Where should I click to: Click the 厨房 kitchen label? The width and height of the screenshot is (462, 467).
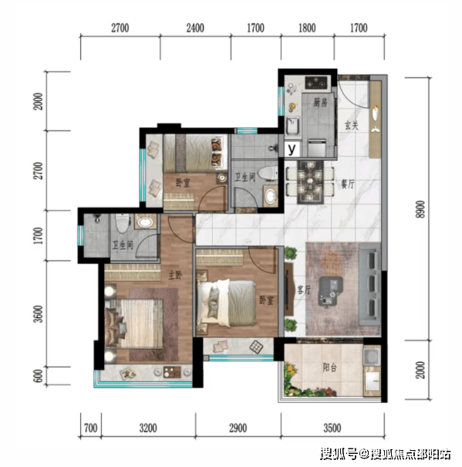coord(320,103)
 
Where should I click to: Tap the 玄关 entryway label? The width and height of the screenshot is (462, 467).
coord(351,125)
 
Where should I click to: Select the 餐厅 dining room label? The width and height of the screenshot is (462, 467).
coord(348,184)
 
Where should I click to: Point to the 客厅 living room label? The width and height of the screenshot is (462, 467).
coord(304,289)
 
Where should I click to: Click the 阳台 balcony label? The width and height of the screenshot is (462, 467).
coord(330,368)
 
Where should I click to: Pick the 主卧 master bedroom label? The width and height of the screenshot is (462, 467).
coord(175,276)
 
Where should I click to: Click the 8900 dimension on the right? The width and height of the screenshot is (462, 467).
coord(420,209)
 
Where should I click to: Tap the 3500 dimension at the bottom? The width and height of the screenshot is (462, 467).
coord(332,428)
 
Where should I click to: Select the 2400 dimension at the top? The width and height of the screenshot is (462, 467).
coord(195,28)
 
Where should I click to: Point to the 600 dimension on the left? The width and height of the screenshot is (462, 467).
coord(39,376)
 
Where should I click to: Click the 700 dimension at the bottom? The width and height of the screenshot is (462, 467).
coord(90,428)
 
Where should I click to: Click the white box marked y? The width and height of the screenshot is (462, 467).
coord(292,149)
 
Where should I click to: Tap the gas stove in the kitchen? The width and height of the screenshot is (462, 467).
coord(316,83)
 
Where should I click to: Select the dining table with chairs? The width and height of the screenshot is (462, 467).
coord(310,182)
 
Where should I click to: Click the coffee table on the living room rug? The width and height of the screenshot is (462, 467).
coord(330,291)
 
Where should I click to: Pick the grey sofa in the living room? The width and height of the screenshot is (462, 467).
coord(369,284)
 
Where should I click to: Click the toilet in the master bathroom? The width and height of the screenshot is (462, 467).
coord(123,223)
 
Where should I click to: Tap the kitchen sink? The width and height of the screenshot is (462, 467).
coord(292,127)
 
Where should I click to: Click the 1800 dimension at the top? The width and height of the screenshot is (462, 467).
coord(307,28)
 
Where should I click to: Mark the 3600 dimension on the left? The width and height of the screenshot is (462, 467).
coord(39,314)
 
